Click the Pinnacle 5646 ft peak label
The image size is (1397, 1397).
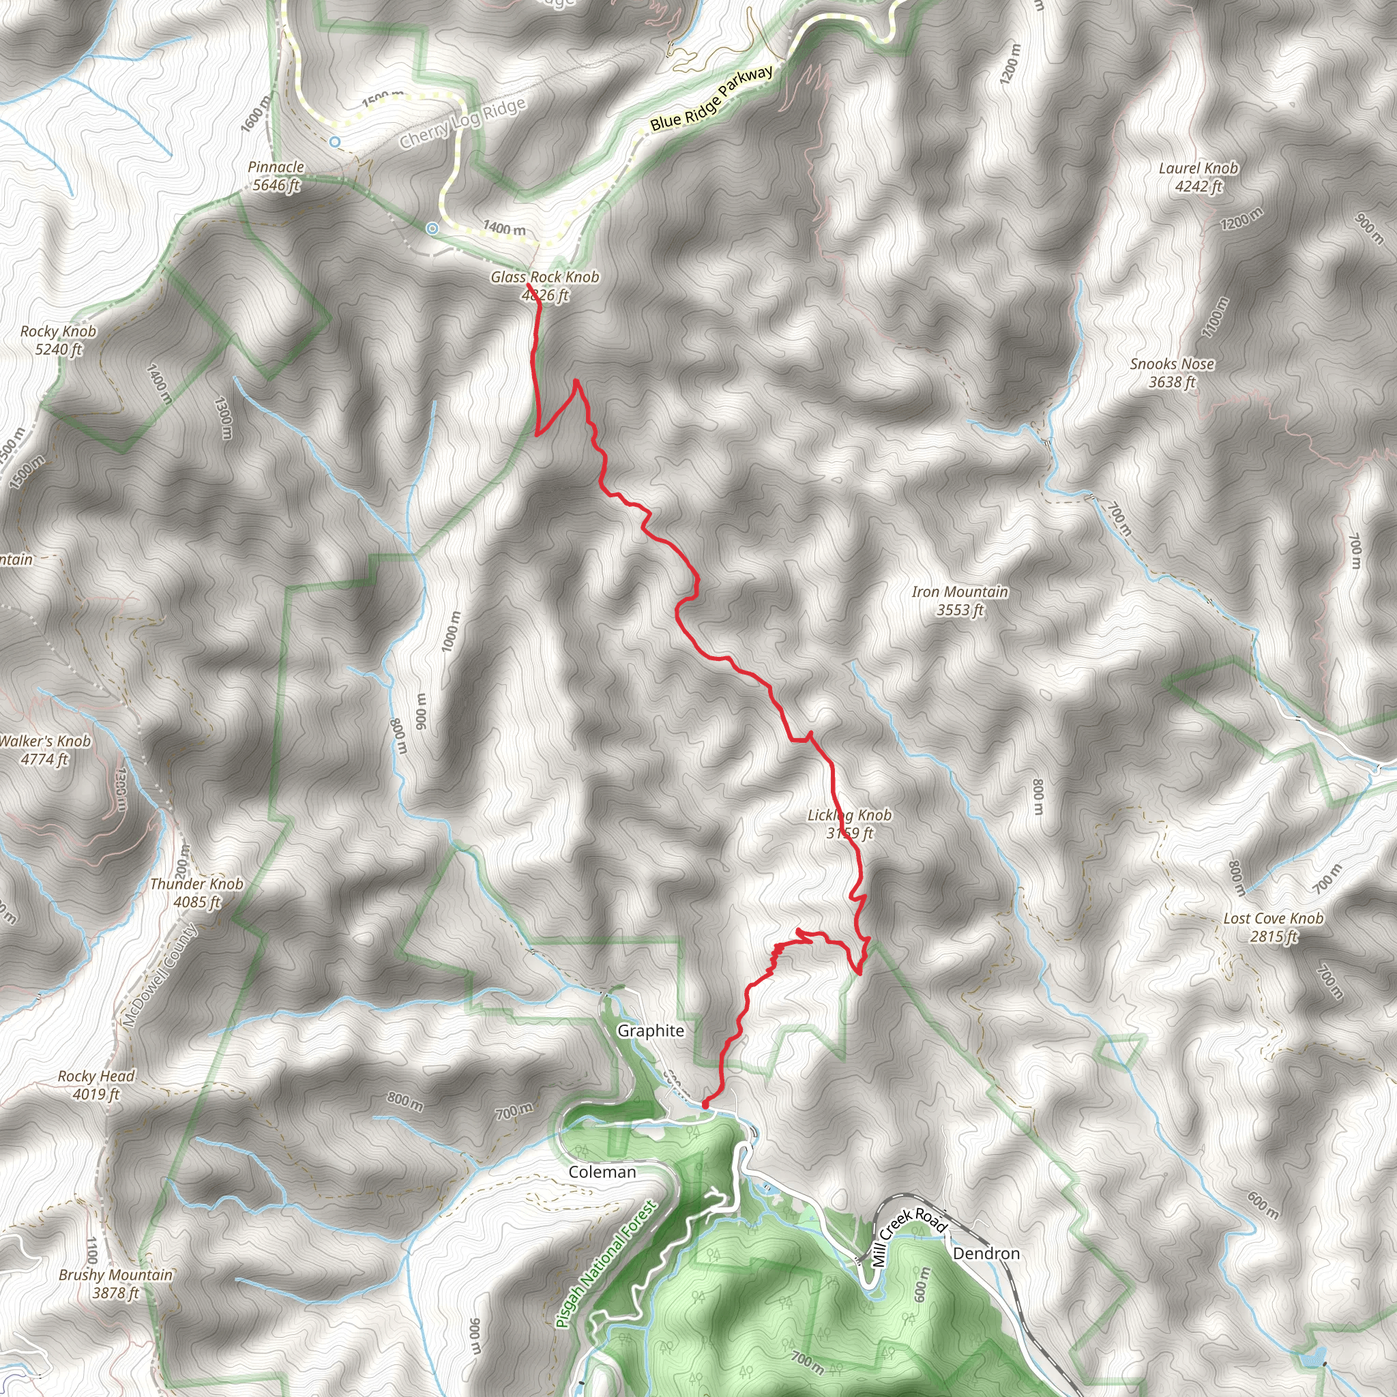(276, 176)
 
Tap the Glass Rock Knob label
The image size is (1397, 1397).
(544, 286)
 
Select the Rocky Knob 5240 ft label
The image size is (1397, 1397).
(58, 340)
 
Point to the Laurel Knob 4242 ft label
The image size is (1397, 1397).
(1198, 177)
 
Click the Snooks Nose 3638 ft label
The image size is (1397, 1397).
(1172, 372)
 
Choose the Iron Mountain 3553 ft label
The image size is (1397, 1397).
(960, 600)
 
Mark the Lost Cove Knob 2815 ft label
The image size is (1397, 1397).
(1273, 927)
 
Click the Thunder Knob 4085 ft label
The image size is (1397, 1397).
(196, 892)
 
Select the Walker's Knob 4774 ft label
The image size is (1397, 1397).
(45, 749)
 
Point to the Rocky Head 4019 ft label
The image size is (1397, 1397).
(96, 1085)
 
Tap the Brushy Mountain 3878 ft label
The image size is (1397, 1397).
(116, 1284)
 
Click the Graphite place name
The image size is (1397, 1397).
(650, 1031)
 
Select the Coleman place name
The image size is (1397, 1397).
(602, 1172)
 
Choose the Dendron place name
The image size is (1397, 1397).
(986, 1253)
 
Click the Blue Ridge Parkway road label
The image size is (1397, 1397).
(711, 99)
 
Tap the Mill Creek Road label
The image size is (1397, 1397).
(908, 1237)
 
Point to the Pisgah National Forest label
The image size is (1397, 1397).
(606, 1264)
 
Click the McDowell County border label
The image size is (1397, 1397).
(159, 975)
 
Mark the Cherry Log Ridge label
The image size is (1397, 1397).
(462, 123)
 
